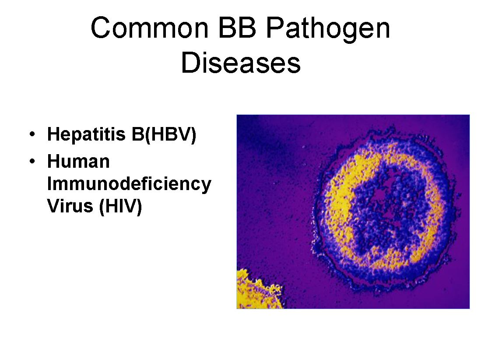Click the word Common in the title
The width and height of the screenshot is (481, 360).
[x=149, y=28]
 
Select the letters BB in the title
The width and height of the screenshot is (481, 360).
[x=237, y=28]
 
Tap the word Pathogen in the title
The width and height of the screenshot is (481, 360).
[x=328, y=30]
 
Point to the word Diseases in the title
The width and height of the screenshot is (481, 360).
[x=241, y=63]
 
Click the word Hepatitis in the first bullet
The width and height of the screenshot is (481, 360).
[x=87, y=135]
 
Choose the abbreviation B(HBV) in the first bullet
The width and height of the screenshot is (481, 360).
[x=164, y=135]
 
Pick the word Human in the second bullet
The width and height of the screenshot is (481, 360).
[x=78, y=162]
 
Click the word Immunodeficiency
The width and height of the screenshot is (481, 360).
[x=129, y=184]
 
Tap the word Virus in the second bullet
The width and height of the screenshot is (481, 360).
[x=70, y=206]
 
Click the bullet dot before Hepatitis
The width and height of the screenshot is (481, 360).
[x=32, y=134]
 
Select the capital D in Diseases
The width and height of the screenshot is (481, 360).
[x=190, y=63]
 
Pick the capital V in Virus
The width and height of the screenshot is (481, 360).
[x=54, y=206]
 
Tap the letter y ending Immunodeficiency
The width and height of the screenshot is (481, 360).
[x=206, y=186]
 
